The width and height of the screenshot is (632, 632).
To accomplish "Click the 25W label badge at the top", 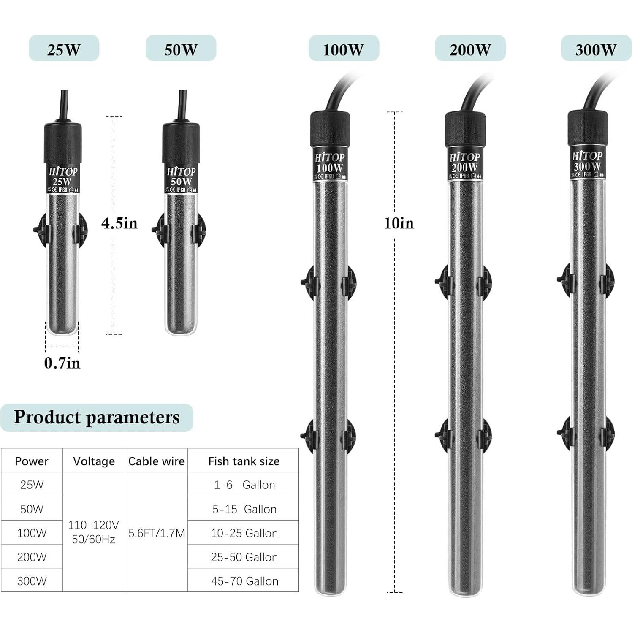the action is pyautogui.click(x=64, y=49).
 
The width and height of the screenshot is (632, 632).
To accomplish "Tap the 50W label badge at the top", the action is pyautogui.click(x=181, y=49).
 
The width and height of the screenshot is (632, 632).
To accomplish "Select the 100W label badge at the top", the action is pyautogui.click(x=344, y=49).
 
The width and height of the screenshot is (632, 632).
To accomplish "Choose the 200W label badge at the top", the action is pyautogui.click(x=470, y=49).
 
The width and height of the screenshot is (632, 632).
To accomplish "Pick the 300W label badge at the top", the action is pyautogui.click(x=596, y=49).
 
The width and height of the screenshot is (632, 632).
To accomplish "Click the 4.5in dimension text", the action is pyautogui.click(x=119, y=223).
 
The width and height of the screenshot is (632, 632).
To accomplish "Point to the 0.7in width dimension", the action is pyautogui.click(x=62, y=363).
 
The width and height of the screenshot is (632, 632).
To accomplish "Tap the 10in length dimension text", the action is pyautogui.click(x=399, y=223).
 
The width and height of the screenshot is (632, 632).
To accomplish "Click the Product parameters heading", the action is pyautogui.click(x=97, y=417).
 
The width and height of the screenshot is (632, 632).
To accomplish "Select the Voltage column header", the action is pyautogui.click(x=94, y=461).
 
